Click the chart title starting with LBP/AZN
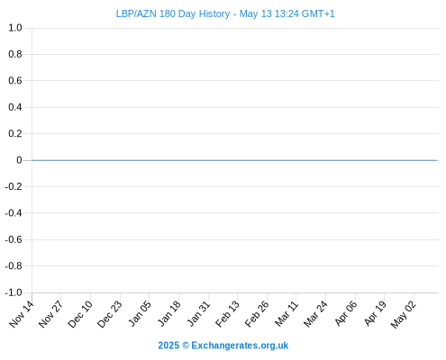[x=225, y=13]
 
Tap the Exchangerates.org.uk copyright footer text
[x=223, y=346]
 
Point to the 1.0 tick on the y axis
[x=15, y=28]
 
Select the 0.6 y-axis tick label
[x=15, y=80]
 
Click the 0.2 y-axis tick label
[x=15, y=133]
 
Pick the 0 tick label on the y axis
[x=19, y=160]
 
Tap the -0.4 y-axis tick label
[x=14, y=213]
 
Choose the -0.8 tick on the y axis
[x=14, y=265]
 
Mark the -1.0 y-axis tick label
[x=14, y=292]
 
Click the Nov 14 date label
[x=22, y=314]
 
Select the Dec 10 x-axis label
[x=80, y=314]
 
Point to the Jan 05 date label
[x=140, y=313]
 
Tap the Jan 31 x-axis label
[x=198, y=313]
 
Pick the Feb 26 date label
[x=257, y=314]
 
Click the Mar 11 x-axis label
[x=287, y=314]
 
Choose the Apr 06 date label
[x=346, y=313]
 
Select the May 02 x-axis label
[x=404, y=314]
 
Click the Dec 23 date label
[x=110, y=314]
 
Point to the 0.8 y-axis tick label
[x=15, y=54]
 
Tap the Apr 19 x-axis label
[x=375, y=313]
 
